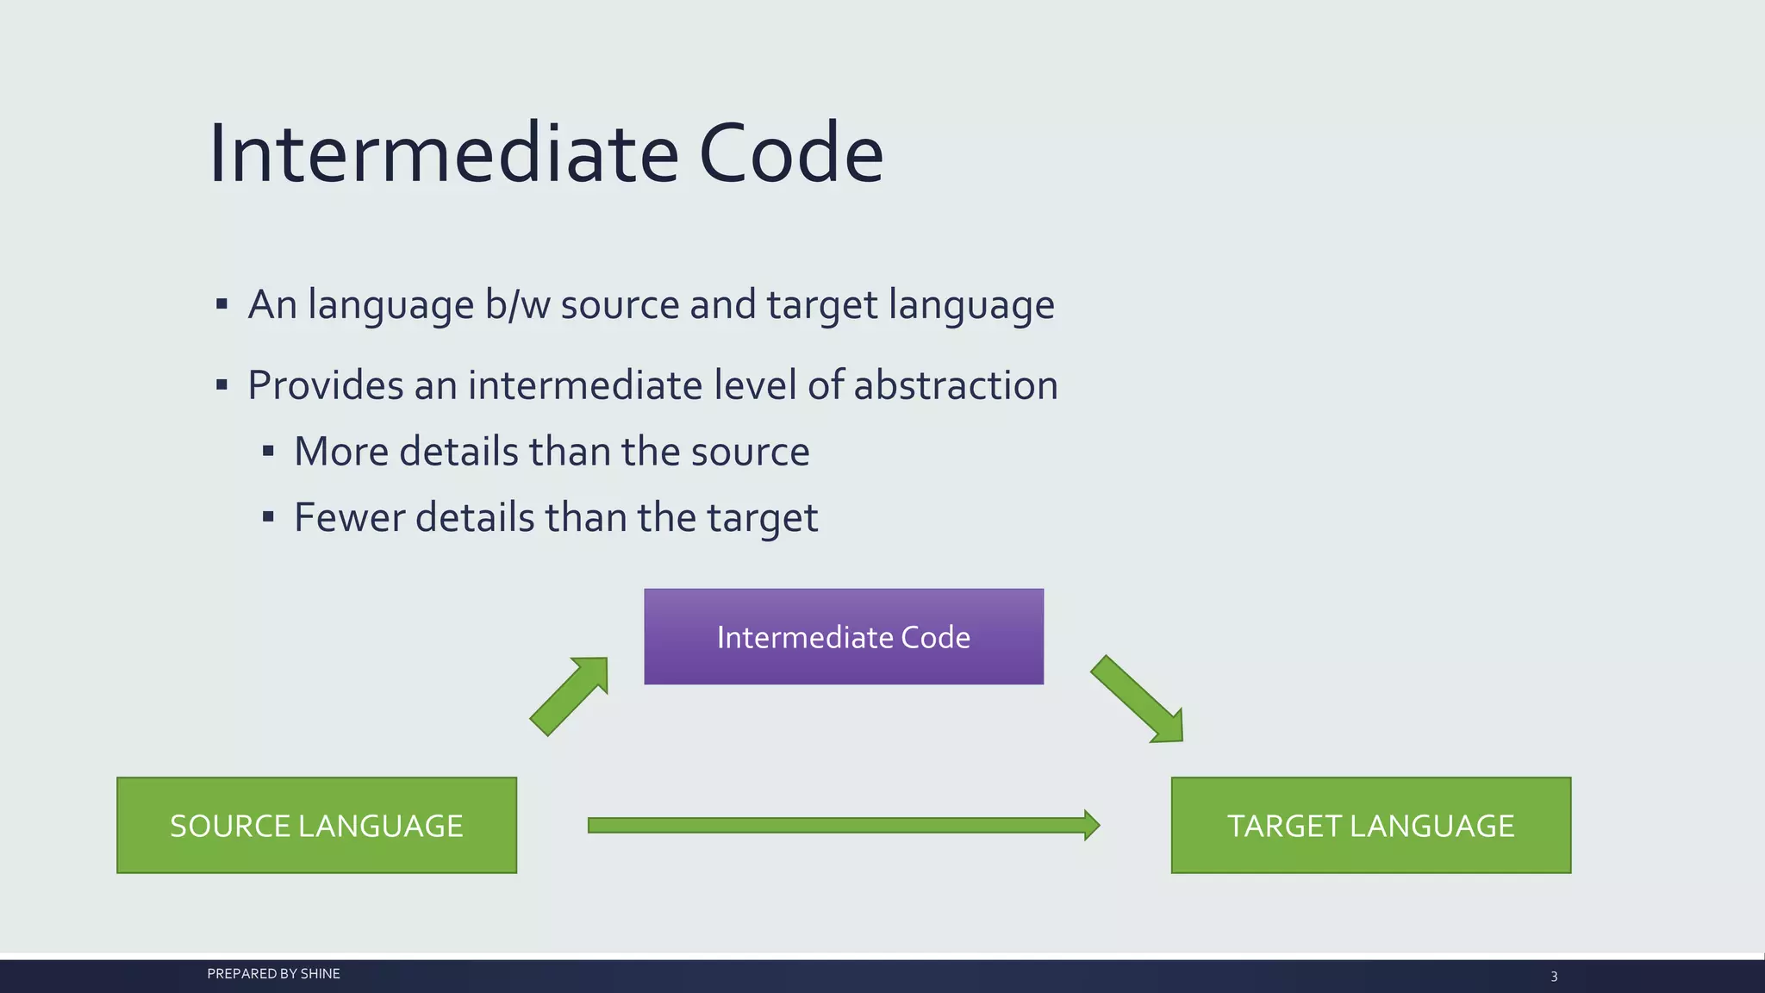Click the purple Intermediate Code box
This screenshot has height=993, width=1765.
pos(843,637)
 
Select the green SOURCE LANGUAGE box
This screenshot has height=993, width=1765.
pos(316,826)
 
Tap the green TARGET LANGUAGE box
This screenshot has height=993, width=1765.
pos(1370,826)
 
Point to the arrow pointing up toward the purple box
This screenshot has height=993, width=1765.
pos(570,696)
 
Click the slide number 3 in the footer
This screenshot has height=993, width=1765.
pos(1554,977)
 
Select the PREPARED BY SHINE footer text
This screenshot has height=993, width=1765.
pos(273,974)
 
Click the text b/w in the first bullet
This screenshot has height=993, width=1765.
pos(517,305)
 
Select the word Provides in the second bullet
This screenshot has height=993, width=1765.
pos(325,385)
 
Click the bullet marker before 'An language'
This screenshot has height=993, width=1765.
pos(221,304)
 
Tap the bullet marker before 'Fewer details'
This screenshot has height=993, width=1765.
pos(268,517)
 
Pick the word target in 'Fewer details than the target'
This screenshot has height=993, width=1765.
pos(762,519)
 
